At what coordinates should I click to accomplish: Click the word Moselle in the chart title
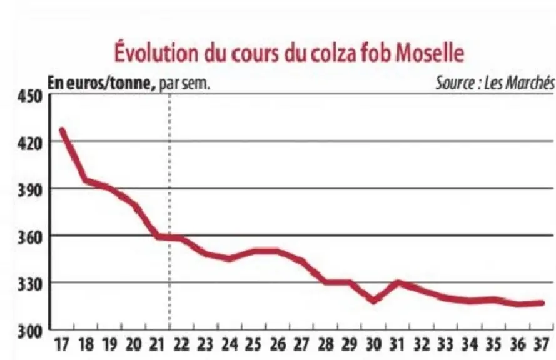pos(429,52)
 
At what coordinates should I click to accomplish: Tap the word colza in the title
pos(334,52)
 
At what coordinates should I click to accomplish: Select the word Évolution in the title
pos(156,52)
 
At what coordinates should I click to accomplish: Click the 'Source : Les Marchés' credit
pos(495,82)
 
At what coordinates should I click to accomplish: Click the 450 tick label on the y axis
pos(30,96)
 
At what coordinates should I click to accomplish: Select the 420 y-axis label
pos(30,143)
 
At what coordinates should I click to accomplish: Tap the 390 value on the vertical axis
pos(30,190)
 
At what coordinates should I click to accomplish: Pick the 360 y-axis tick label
pos(30,237)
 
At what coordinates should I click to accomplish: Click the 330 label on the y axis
pos(30,284)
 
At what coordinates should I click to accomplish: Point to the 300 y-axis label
pos(30,332)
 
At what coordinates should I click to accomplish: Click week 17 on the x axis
pos(62,344)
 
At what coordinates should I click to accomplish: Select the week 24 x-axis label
pos(230,344)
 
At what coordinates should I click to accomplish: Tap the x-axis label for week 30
pos(373,344)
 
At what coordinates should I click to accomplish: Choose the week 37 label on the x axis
pos(541,344)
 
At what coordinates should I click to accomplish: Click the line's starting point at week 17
pos(62,130)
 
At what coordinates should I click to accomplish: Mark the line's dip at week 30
pos(373,301)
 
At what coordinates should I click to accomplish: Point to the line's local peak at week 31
pos(398,282)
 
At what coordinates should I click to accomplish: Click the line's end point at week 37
pos(542,303)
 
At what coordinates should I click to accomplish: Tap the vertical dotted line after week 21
pos(169,212)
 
